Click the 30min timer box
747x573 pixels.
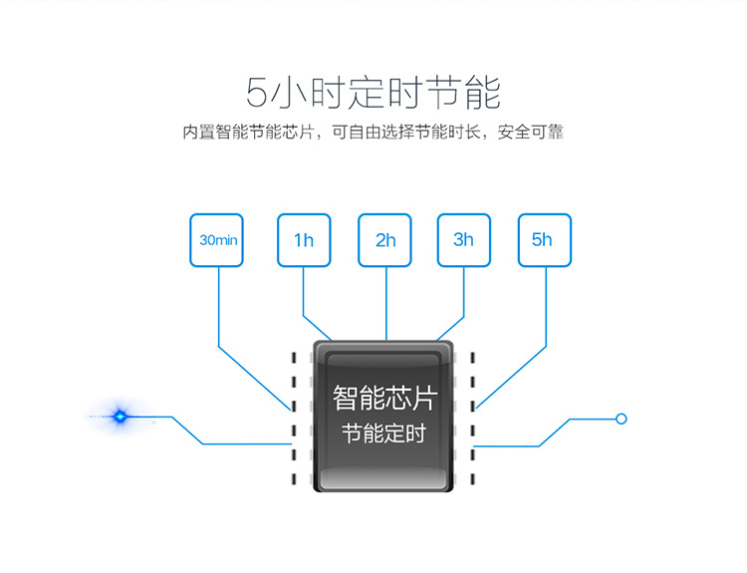[216, 240]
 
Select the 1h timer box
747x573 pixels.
[304, 240]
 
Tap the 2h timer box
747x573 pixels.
[384, 240]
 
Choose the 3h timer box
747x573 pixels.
[464, 240]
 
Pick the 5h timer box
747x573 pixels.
[545, 240]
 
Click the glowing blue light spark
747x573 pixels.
[120, 417]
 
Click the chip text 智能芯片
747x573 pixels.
[384, 398]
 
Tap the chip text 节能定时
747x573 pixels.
[384, 433]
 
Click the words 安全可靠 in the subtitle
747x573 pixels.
[531, 133]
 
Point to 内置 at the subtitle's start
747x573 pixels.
[198, 133]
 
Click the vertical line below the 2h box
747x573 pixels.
[386, 304]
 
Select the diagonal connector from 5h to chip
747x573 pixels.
[511, 378]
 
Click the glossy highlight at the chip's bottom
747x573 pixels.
[383, 478]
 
